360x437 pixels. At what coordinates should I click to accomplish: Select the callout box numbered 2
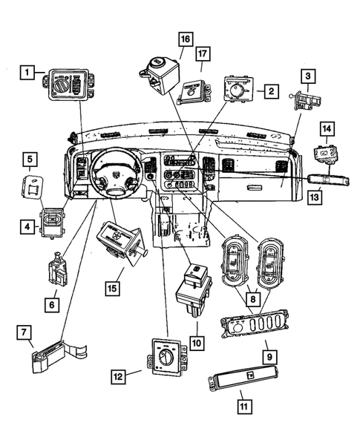(271, 91)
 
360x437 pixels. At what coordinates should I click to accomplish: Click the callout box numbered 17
(203, 55)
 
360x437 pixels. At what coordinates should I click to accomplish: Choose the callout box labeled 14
(326, 129)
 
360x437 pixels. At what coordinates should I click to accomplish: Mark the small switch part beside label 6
(56, 272)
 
